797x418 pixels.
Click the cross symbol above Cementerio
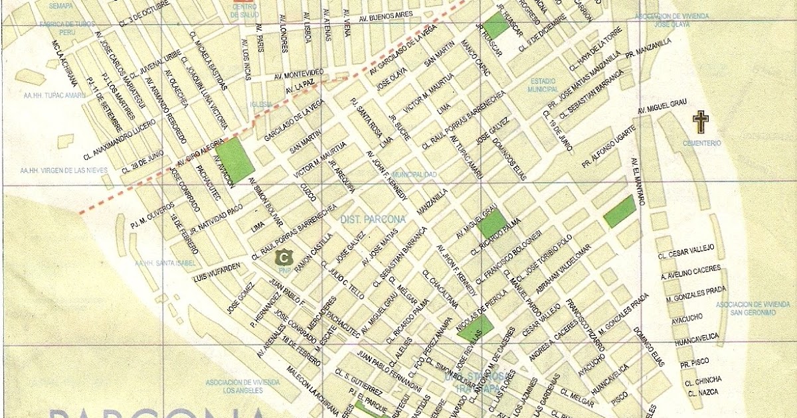coord(700,121)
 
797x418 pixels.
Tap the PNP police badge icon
coord(286,257)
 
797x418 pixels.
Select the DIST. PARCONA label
coord(363,219)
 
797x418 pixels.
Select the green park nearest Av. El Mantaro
coord(620,212)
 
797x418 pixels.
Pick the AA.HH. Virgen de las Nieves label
coord(64,171)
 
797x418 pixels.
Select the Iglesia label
coord(261,104)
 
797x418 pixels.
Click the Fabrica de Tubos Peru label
coord(67,28)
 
